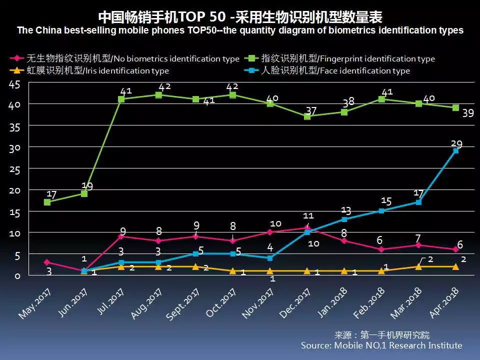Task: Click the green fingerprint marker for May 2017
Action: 47,202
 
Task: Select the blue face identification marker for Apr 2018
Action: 455,150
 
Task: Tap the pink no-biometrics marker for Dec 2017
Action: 307,227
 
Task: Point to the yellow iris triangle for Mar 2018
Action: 418,266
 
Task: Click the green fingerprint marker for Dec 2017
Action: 307,116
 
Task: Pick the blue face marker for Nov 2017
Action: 270,258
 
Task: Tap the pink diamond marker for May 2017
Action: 47,262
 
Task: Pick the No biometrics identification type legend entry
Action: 127,59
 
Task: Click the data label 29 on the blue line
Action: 456,144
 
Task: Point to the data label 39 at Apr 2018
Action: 467,113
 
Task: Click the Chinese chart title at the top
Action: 240,17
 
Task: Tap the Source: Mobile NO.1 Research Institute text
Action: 381,345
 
